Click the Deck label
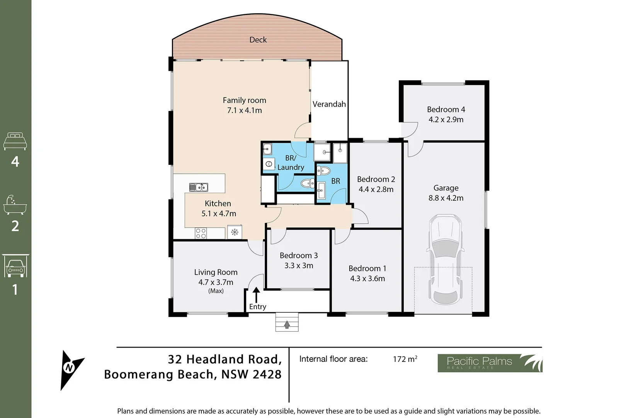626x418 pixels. (258, 40)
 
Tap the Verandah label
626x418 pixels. (329, 104)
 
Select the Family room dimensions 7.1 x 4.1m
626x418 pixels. (244, 110)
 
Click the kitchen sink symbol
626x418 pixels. (199, 187)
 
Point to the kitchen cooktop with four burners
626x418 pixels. (201, 233)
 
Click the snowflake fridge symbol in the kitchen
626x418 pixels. (234, 232)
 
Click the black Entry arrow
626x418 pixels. (256, 294)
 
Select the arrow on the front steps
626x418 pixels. (287, 324)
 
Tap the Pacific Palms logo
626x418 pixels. (490, 363)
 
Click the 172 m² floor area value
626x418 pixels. (405, 359)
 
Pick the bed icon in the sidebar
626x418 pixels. (15, 141)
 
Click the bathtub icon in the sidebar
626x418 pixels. (15, 205)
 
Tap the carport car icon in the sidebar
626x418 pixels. (15, 266)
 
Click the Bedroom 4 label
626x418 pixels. (446, 110)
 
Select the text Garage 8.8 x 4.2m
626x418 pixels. (446, 193)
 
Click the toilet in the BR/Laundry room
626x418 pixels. (308, 183)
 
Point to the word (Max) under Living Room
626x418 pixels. (216, 291)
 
